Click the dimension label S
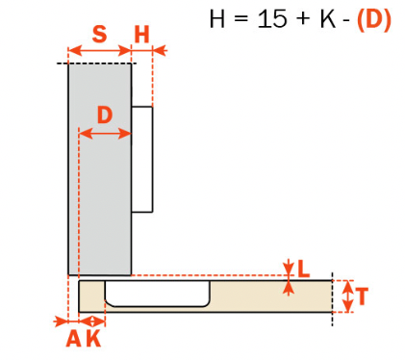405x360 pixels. coord(99,34)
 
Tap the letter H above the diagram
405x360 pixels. coord(142,34)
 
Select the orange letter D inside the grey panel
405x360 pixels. coord(105,114)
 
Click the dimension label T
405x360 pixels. coord(362,296)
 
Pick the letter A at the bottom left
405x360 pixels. coord(73,339)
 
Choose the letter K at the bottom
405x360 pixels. coord(93,339)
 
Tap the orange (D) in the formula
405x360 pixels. coord(373,19)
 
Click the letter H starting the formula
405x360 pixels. coord(218,19)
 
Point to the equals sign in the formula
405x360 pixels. coord(243,19)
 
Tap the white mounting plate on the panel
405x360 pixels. coord(141,159)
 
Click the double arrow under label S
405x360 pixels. coord(99,50)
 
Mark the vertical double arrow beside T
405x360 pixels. coord(347,296)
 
